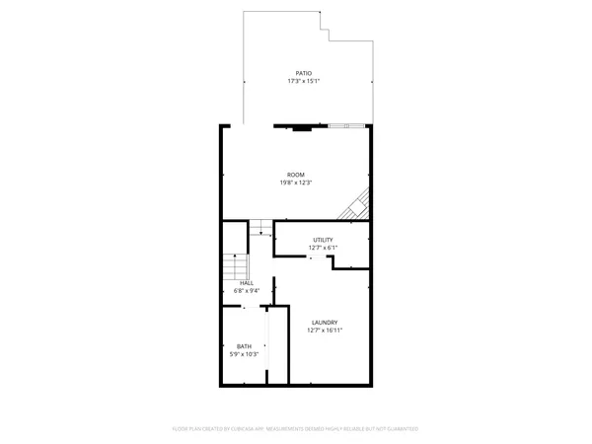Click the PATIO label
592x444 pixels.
305,73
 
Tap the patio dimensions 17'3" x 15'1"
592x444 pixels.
305,81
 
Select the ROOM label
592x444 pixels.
296,175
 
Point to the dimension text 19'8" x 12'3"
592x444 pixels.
296,183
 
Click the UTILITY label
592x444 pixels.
323,240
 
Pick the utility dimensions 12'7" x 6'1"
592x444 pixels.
323,248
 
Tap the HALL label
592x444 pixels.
246,283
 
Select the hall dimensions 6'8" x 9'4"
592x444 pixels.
246,291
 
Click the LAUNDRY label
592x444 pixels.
325,323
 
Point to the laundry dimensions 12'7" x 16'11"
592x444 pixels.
325,331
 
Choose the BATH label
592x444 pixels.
243,346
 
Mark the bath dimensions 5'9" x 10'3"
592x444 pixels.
243,354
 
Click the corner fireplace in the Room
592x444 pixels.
358,205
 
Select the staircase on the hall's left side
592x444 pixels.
234,267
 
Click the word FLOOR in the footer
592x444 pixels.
180,429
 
